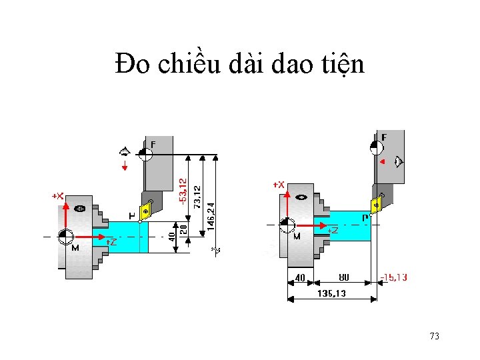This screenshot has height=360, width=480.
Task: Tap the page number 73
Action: [434, 336]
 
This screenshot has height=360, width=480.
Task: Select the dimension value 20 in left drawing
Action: [184, 228]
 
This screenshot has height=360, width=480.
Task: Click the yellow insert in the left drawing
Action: [145, 209]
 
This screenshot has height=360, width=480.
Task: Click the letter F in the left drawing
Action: [153, 144]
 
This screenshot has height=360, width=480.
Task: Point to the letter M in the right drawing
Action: [296, 236]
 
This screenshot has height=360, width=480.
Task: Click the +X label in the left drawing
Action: [58, 196]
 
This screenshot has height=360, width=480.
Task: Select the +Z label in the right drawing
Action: [332, 230]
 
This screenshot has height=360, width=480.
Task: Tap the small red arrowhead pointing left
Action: [381, 161]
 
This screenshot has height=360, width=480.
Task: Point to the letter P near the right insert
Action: [365, 217]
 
